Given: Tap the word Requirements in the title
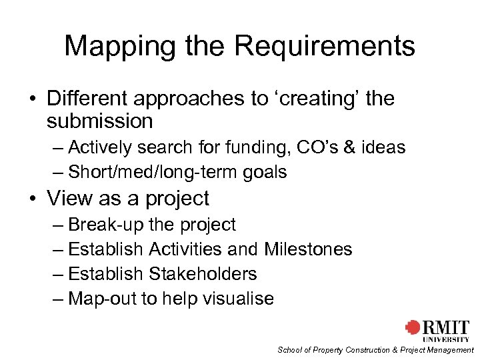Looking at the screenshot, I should coord(325,47).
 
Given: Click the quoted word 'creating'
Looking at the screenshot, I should coord(315,99).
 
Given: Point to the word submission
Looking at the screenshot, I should coord(100,121).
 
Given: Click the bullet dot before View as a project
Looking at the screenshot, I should coord(33,199).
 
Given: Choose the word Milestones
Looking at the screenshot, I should coord(308,249).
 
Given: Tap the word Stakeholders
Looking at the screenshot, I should coord(203,274).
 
